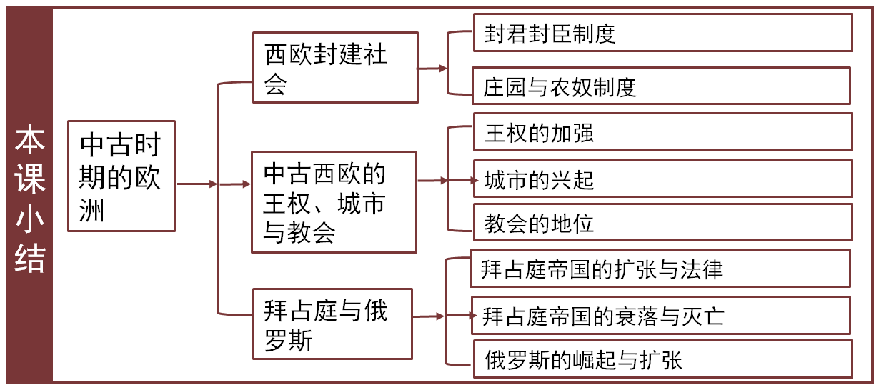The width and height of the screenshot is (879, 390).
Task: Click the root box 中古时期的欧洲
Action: coord(121,176)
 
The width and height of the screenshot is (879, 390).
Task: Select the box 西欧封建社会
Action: coord(335,68)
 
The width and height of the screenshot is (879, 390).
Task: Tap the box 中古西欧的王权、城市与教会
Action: coord(334,201)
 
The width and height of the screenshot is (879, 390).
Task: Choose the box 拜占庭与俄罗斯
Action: coord(332,324)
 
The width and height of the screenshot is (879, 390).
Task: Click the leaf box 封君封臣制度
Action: coord(662,33)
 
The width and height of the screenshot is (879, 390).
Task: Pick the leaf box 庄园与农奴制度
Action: coord(662,86)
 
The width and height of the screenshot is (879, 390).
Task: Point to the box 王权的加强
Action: coord(662,132)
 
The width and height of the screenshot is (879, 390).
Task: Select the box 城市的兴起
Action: coord(662,179)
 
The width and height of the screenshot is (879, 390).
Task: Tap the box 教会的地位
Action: coord(662,222)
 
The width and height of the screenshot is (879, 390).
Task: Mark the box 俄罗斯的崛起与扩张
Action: coord(662,359)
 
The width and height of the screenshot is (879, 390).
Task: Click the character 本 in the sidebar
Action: coord(30,140)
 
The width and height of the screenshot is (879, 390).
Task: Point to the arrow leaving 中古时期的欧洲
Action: coord(197,184)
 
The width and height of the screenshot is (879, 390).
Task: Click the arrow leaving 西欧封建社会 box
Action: coord(432,69)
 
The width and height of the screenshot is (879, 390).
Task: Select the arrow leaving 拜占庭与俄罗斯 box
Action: coord(428,316)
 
